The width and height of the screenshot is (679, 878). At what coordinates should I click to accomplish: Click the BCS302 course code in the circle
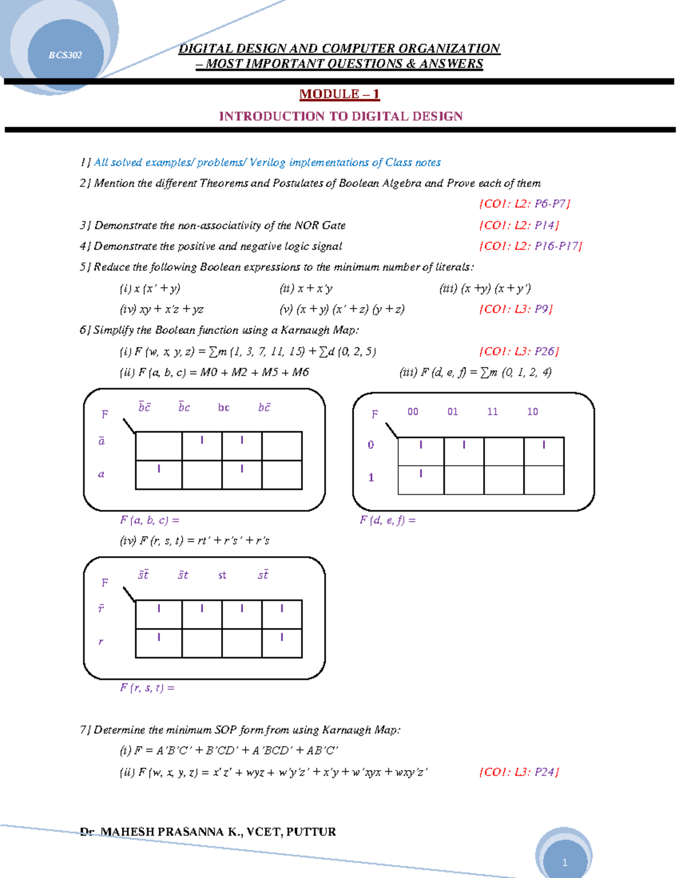[65, 55]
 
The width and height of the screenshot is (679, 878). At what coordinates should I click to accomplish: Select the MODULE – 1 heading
[339, 94]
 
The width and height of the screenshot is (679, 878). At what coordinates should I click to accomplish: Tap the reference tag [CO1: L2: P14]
[519, 225]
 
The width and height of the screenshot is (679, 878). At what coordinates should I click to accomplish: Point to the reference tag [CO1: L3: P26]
[519, 351]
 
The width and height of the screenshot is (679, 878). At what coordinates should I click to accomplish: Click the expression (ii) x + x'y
[306, 288]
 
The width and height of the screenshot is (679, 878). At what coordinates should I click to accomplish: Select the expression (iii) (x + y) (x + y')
[485, 288]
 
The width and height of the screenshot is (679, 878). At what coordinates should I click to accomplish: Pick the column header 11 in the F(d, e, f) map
[492, 412]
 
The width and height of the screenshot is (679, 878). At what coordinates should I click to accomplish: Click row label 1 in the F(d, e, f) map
[371, 478]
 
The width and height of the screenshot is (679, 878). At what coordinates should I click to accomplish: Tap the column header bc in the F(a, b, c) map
[224, 408]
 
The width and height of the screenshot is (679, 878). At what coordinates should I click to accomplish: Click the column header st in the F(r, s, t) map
[222, 575]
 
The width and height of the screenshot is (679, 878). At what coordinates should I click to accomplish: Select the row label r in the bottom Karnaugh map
[101, 641]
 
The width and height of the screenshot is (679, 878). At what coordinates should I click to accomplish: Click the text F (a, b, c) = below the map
[149, 520]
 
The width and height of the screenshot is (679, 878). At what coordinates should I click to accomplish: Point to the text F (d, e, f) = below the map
[388, 520]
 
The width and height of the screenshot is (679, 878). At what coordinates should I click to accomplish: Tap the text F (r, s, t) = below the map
[147, 687]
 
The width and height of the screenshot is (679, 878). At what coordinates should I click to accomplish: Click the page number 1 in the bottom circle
[564, 862]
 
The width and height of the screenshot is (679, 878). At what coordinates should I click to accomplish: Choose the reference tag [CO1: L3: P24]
[519, 772]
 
